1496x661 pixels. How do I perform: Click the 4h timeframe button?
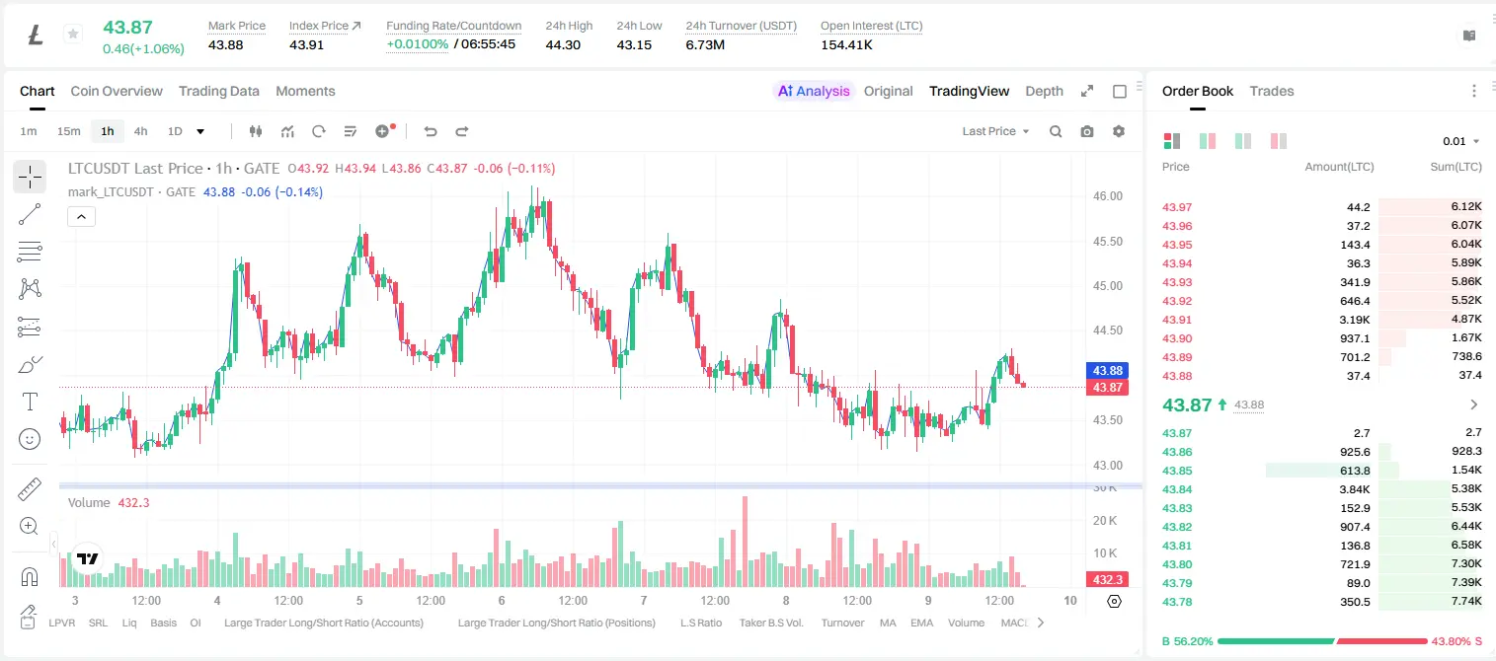(140, 131)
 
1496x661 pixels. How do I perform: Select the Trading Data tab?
(219, 91)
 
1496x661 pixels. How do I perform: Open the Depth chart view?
(1044, 91)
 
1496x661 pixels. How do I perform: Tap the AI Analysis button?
(814, 91)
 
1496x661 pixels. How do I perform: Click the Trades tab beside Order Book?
(1272, 91)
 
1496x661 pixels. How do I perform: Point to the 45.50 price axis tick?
(1107, 242)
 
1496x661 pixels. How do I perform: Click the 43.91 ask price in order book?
(1177, 320)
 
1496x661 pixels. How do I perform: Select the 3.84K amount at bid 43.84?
(1355, 489)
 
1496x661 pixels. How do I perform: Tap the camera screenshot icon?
(1087, 131)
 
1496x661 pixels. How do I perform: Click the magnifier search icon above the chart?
(1056, 131)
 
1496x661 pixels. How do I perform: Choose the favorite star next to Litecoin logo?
(73, 34)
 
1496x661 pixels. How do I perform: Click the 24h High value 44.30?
(563, 44)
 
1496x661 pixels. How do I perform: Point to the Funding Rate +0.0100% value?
(418, 44)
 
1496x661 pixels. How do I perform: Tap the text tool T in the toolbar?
(30, 402)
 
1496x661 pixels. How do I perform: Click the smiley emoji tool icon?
(30, 439)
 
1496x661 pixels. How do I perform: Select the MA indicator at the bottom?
(888, 623)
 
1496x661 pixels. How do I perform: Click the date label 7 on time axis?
(644, 600)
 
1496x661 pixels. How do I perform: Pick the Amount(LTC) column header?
(1339, 167)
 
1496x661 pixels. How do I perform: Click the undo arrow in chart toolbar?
(431, 131)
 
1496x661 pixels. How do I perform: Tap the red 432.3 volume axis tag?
(1107, 580)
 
